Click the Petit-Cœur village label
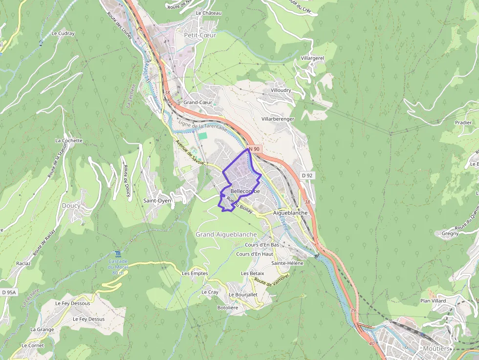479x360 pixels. [x=200, y=35]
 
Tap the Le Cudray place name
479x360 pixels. [x=63, y=34]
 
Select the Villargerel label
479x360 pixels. [x=313, y=58]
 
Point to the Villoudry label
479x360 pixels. [x=281, y=90]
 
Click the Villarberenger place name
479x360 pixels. [x=278, y=119]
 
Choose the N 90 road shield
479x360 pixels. [x=254, y=148]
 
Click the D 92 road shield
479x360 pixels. [x=306, y=175]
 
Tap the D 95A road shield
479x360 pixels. [x=9, y=292]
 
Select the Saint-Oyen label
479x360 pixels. [x=157, y=201]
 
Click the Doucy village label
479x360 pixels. [x=71, y=206]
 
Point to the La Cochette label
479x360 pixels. [x=69, y=141]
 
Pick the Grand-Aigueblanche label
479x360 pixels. [x=226, y=234]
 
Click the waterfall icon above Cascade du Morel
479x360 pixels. [x=118, y=254]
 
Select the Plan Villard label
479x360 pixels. [x=433, y=301]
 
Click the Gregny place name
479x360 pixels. [x=450, y=233]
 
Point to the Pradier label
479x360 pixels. [x=463, y=123]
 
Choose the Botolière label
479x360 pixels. [x=227, y=308]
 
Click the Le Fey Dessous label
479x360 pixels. [x=73, y=303]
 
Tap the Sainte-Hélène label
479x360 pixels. [x=287, y=263]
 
